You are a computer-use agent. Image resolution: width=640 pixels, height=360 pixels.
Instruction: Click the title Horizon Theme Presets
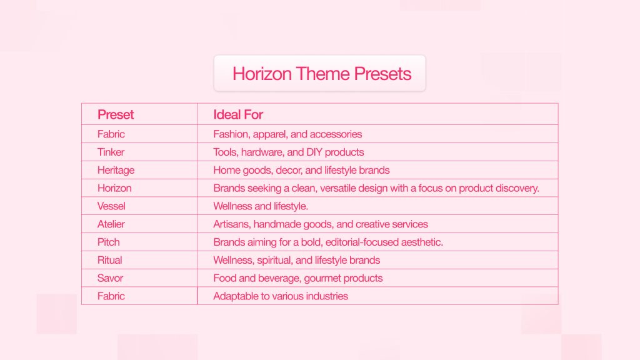[322, 74]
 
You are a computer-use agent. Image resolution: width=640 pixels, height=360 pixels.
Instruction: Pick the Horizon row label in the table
[114, 188]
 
